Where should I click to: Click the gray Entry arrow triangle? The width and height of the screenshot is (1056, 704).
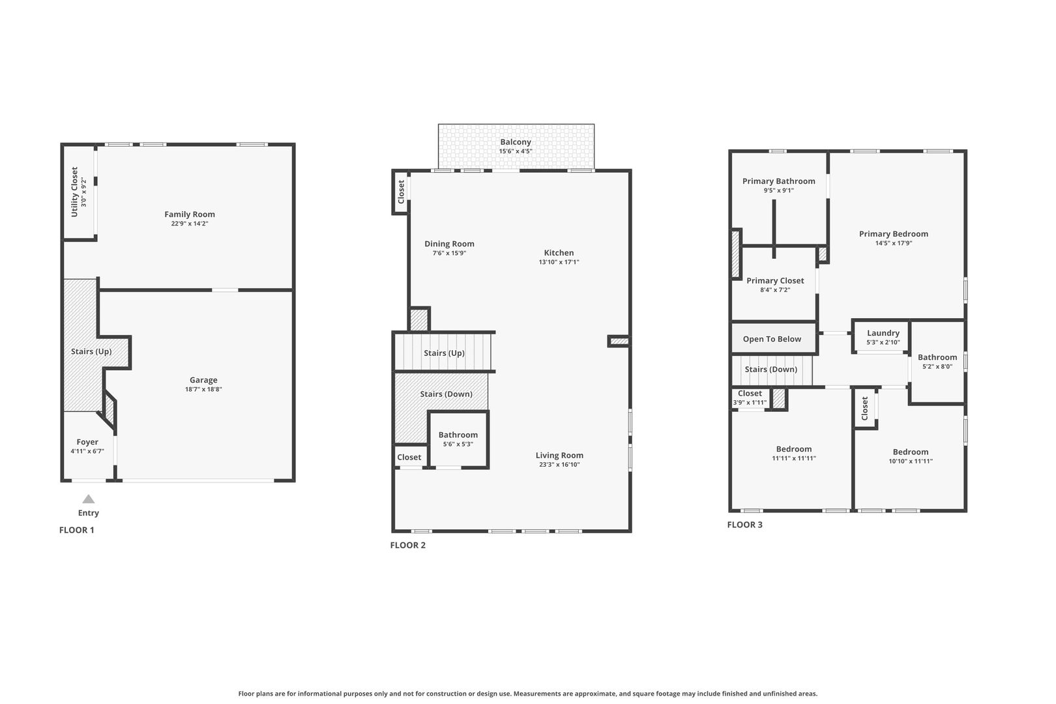[x=89, y=499]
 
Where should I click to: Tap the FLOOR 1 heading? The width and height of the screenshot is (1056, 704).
[x=77, y=530]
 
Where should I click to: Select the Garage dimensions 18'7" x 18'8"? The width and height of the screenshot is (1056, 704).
[x=203, y=390]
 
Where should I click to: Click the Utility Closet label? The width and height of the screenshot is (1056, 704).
[x=74, y=192]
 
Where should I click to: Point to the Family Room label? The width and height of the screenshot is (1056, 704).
[x=189, y=214]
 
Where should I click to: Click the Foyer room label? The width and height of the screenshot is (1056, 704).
[x=87, y=442]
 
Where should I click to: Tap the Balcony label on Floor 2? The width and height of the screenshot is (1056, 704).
[x=516, y=141]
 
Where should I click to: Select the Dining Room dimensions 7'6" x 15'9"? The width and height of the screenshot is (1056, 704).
[x=449, y=254]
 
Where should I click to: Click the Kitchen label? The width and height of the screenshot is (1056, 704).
[x=559, y=253]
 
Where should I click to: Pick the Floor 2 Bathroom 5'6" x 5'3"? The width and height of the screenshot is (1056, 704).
[x=458, y=439]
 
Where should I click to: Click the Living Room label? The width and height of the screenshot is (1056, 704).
[x=559, y=456]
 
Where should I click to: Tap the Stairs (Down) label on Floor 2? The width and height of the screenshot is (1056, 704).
[x=446, y=394]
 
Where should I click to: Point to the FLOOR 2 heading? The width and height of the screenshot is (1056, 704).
[x=408, y=545]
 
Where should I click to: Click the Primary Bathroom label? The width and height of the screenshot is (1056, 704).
[x=778, y=181]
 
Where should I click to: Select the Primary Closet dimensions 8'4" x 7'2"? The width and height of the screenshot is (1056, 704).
[x=775, y=290]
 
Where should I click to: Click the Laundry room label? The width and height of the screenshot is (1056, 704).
[x=883, y=333]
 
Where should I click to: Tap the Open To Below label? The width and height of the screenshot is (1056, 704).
[x=772, y=339]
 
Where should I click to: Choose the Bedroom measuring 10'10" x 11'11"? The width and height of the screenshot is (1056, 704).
[x=910, y=456]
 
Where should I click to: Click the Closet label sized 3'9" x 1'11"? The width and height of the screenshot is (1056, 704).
[x=750, y=398]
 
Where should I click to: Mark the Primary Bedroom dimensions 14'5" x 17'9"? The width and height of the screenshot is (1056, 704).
[x=893, y=243]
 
